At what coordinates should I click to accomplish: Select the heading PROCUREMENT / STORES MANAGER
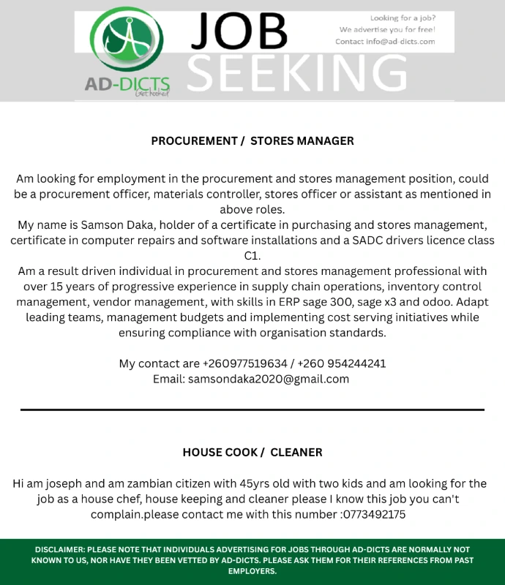(x=252, y=140)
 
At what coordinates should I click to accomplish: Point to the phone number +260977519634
(x=245, y=363)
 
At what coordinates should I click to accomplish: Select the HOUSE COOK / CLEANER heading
(x=252, y=452)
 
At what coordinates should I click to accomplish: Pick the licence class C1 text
(x=252, y=256)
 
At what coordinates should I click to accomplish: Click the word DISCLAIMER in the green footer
(x=59, y=549)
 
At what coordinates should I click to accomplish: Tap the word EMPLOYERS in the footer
(x=252, y=571)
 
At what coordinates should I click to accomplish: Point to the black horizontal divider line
(x=252, y=410)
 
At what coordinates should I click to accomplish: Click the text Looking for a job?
(x=403, y=18)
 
